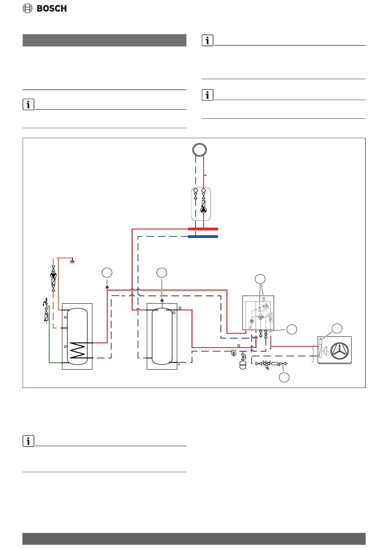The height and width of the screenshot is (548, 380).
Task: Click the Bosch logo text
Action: click(51, 8)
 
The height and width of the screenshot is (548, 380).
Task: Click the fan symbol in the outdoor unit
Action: click(339, 350)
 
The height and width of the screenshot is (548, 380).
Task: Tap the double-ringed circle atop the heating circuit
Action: click(199, 150)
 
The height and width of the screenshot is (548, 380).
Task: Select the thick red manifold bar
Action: click(203, 229)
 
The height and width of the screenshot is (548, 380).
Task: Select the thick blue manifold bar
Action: click(203, 236)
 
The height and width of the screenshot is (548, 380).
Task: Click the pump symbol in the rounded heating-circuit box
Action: click(203, 210)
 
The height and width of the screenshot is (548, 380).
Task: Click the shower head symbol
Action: click(72, 262)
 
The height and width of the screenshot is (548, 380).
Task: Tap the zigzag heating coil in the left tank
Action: click(77, 350)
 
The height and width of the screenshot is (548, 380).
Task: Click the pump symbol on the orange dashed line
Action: click(53, 275)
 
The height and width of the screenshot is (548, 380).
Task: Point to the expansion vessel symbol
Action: click(242, 365)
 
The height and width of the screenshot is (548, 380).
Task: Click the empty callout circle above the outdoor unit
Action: click(336, 328)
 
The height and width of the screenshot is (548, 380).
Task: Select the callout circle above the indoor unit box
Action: click(260, 279)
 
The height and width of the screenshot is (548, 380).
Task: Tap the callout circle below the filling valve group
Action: click(284, 377)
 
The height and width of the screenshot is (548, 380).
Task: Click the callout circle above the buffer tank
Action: click(162, 272)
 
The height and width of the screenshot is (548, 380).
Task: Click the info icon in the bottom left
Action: click(28, 441)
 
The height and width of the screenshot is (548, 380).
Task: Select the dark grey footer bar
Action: click(194, 538)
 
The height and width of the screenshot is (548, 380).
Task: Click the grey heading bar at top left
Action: click(104, 40)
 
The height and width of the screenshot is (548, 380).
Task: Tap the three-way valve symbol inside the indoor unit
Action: click(260, 317)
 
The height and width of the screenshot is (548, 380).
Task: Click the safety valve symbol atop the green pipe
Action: click(46, 302)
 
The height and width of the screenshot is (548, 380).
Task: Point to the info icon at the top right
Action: click(207, 40)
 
